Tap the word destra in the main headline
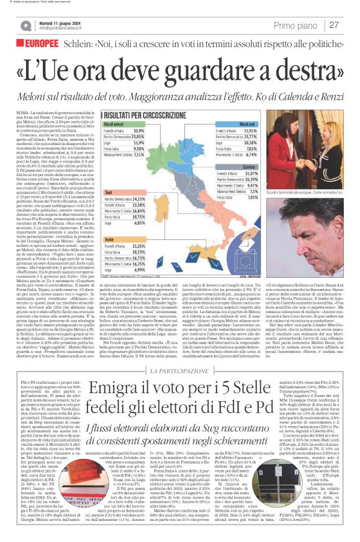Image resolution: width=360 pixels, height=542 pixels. point(304,69)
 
